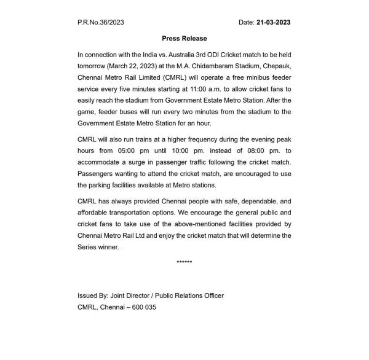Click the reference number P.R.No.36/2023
101,23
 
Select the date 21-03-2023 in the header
274,23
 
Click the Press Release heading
184,39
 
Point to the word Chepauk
276,66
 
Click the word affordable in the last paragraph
96,213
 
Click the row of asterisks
184,263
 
